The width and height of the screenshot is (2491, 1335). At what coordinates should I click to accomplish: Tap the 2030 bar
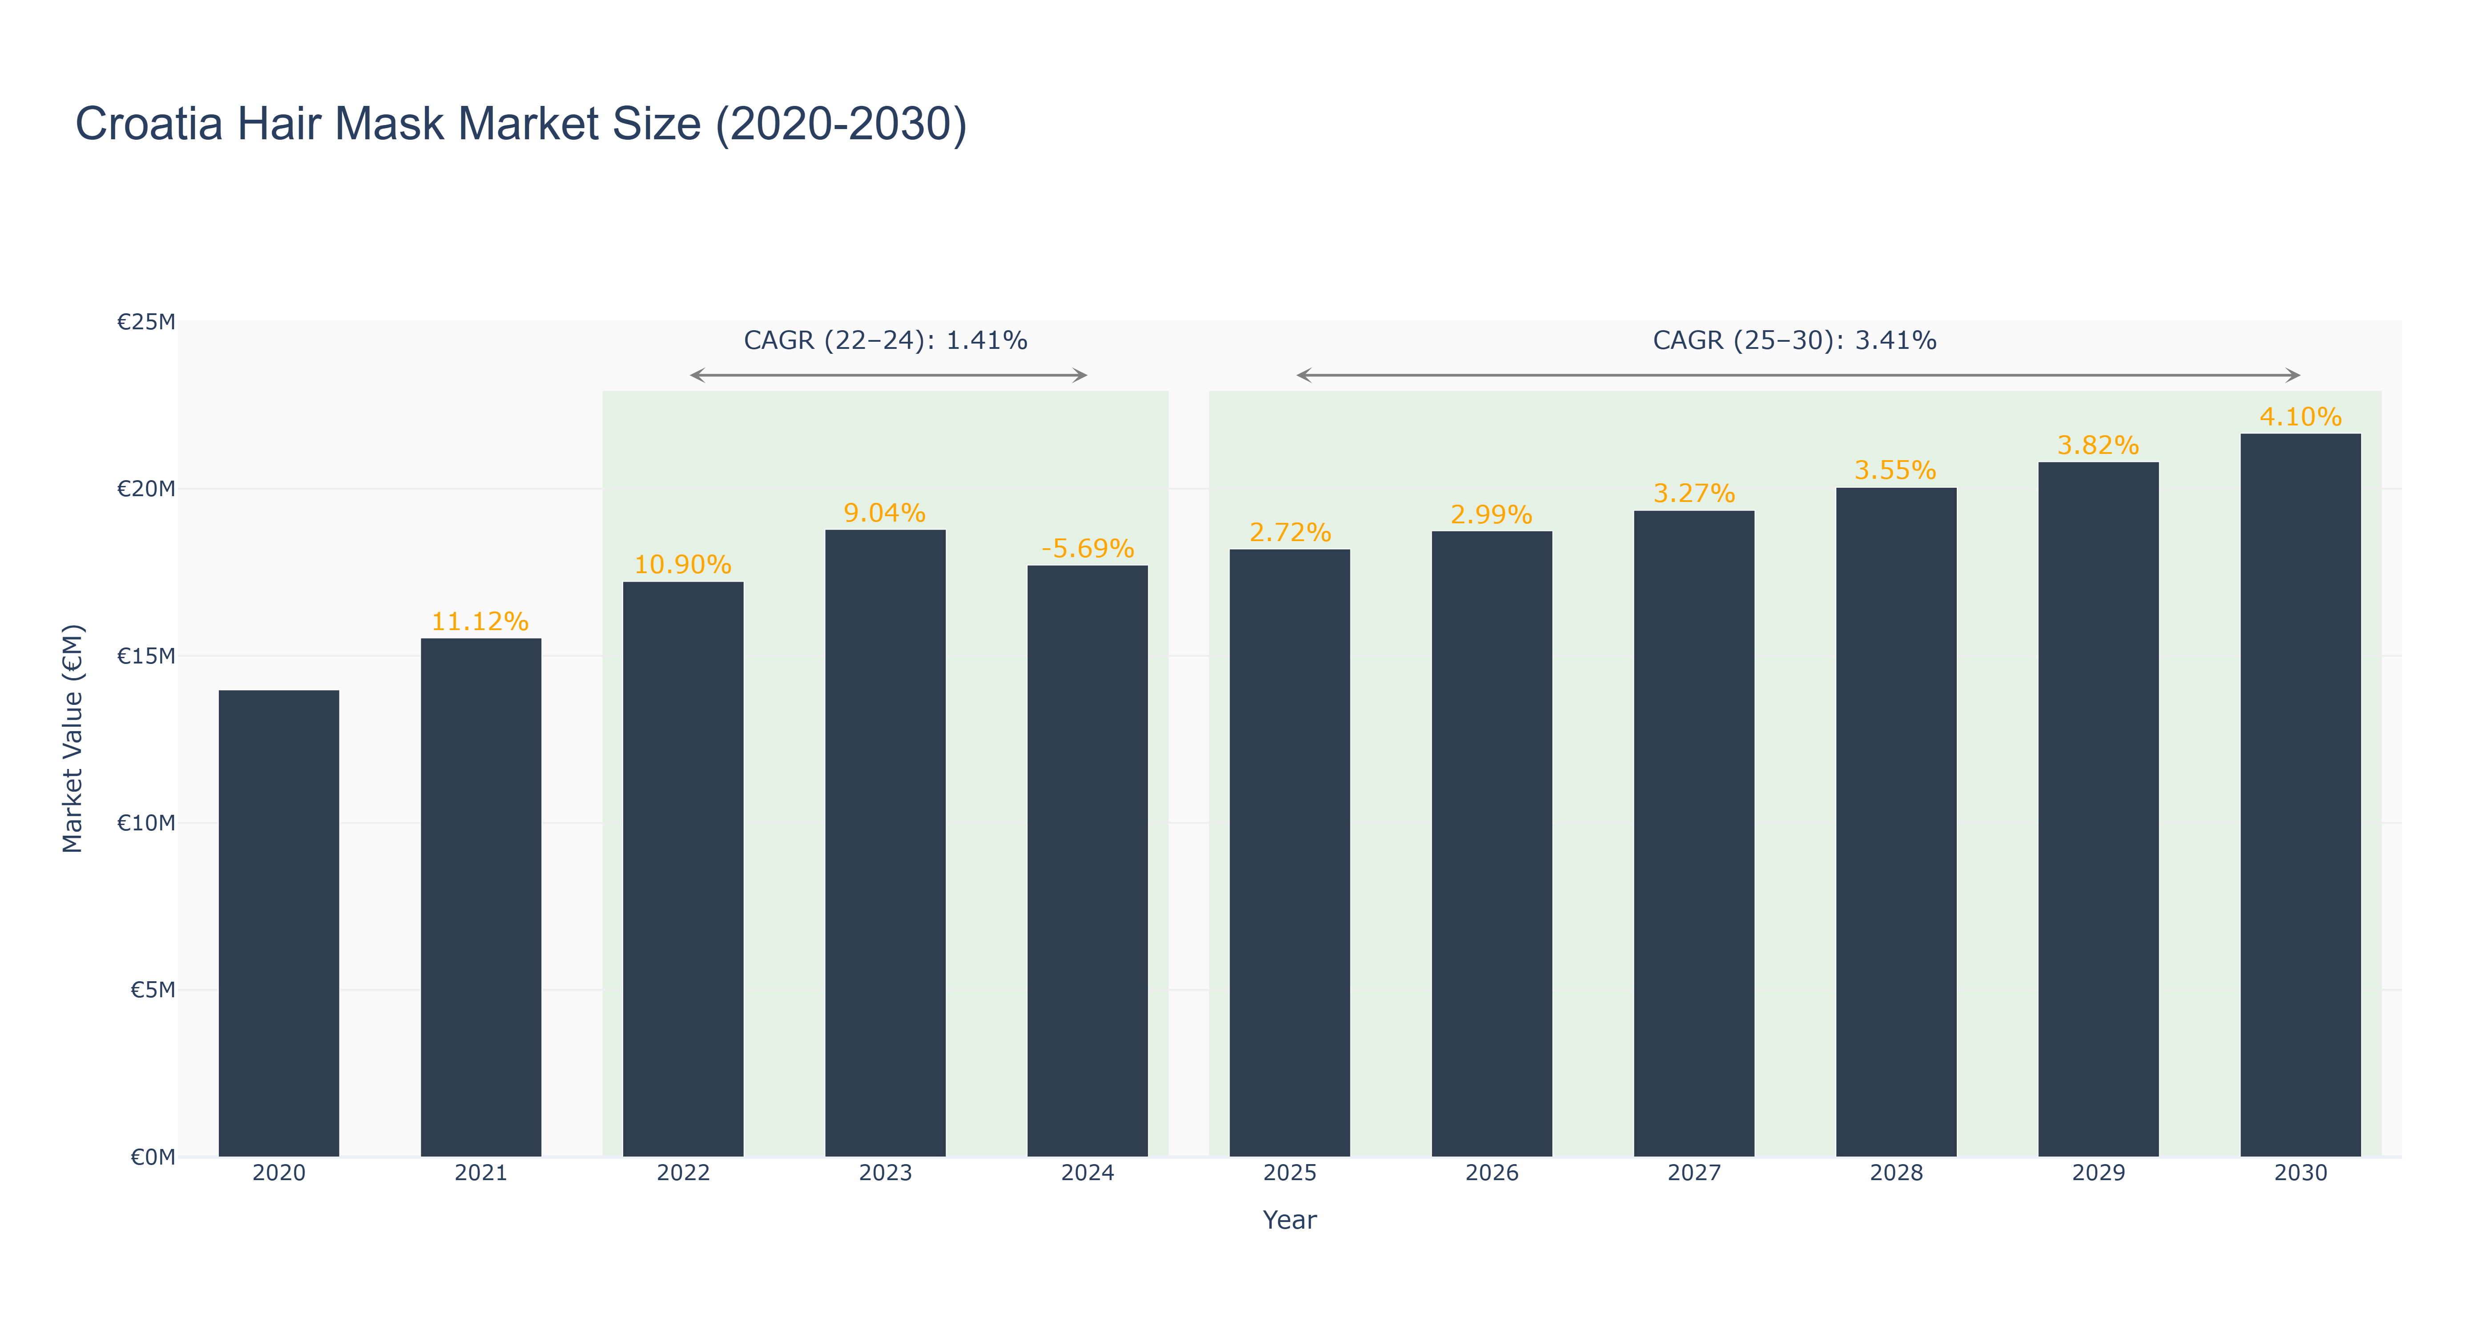pyautogui.click(x=2301, y=795)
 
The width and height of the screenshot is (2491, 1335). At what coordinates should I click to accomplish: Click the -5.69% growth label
pyautogui.click(x=1088, y=549)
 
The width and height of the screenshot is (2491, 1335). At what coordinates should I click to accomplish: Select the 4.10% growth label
pyautogui.click(x=2301, y=417)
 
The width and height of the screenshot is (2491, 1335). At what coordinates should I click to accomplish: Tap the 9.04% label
pyautogui.click(x=885, y=513)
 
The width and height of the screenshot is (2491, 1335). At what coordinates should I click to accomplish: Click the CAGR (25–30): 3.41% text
pyautogui.click(x=1795, y=340)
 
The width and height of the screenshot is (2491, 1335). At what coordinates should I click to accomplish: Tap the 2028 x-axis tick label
pyautogui.click(x=1896, y=1173)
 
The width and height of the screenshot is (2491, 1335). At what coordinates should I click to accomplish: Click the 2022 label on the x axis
pyautogui.click(x=684, y=1173)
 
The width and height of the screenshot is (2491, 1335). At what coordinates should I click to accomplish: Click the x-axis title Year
pyautogui.click(x=1290, y=1220)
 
